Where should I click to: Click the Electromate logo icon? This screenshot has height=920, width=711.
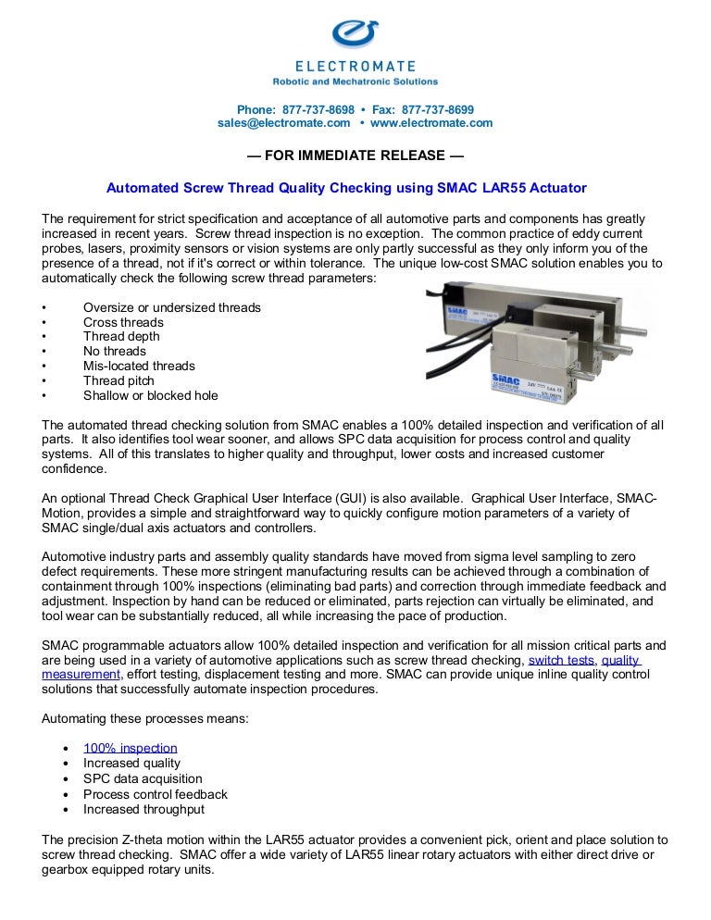click(355, 35)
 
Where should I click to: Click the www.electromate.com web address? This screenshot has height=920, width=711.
click(430, 123)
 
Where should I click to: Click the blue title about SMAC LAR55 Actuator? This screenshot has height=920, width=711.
click(346, 188)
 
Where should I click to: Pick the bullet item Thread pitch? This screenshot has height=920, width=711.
click(118, 380)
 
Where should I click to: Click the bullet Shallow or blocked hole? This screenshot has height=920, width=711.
click(150, 395)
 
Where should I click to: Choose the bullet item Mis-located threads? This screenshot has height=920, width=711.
click(139, 366)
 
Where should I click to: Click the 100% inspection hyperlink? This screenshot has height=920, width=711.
click(130, 748)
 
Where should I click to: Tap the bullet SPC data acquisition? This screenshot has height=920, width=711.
click(143, 779)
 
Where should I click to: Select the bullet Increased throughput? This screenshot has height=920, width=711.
click(143, 809)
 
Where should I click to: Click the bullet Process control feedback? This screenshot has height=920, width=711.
click(155, 794)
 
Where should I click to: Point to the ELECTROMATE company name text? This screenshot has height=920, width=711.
click(355, 67)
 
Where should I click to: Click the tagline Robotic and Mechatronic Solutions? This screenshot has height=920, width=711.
click(355, 81)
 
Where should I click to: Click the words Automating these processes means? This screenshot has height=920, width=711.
click(144, 718)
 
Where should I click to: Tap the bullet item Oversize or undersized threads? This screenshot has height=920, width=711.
click(171, 307)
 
